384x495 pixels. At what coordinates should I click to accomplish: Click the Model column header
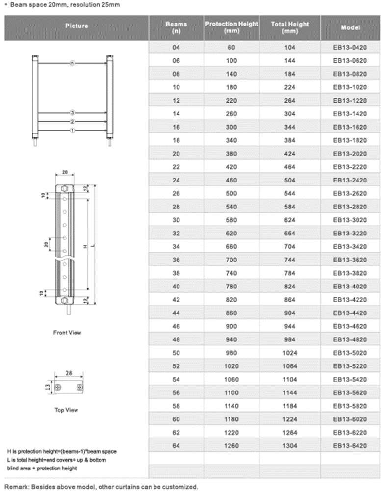click(x=350, y=27)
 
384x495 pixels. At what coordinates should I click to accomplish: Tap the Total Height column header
click(x=290, y=27)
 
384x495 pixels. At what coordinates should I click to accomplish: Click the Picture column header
click(x=77, y=26)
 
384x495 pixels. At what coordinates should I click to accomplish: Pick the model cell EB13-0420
click(x=350, y=48)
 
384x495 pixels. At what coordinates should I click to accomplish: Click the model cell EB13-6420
click(x=350, y=445)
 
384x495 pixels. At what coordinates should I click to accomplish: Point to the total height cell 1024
click(x=290, y=352)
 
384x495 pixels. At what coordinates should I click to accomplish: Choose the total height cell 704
click(x=290, y=246)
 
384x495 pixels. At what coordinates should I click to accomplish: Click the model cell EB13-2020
click(x=350, y=154)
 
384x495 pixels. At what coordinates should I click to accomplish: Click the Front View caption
click(x=67, y=333)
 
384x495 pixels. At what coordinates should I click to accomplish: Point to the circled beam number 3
click(x=72, y=113)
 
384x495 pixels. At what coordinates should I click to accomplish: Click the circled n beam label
click(x=72, y=63)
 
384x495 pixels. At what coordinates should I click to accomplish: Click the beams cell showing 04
click(x=177, y=48)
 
